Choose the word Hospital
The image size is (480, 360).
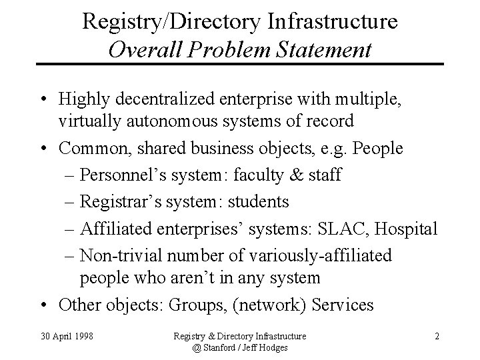point(407,229)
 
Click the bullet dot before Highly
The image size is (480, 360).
point(43,100)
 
